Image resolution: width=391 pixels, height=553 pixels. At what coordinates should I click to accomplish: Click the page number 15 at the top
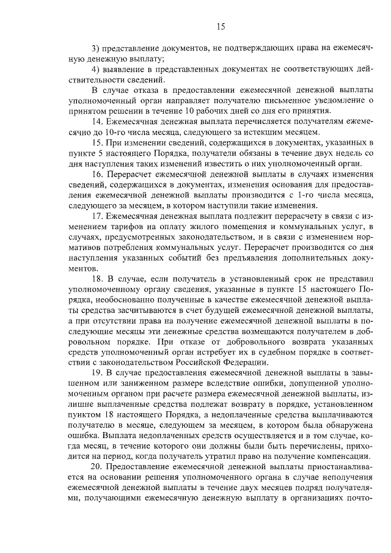pyautogui.click(x=221, y=26)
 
